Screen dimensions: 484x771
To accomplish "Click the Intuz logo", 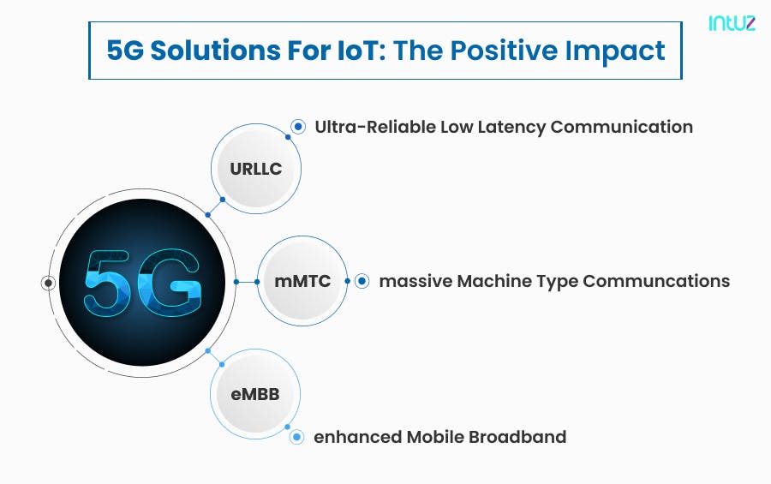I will [x=732, y=23].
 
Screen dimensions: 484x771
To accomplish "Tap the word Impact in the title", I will [x=622, y=51].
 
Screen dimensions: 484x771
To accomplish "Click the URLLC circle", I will [x=255, y=169].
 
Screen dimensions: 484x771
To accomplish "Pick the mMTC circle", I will [x=302, y=281].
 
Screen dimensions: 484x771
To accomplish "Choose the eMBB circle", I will [x=255, y=394].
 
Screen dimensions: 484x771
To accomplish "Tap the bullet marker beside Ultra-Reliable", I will [x=298, y=127].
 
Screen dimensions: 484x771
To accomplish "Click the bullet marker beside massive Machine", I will [x=362, y=281].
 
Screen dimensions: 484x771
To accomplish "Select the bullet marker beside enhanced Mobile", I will [x=296, y=437].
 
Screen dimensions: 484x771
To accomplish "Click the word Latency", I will [x=511, y=127].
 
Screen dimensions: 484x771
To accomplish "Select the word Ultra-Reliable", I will [x=374, y=127].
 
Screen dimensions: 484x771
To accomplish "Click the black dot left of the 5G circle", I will [x=49, y=282].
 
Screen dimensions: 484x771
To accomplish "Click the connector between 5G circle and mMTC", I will [x=247, y=282].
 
